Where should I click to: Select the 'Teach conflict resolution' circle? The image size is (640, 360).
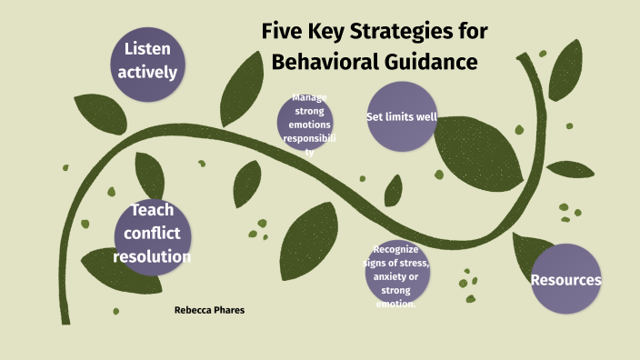coord(152,234)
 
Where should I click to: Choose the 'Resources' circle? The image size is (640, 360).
coord(565,279)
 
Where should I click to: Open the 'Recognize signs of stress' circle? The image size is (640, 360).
coord(398,272)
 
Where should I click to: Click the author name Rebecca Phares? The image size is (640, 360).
coord(209,310)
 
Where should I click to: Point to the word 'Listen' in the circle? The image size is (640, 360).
coord(147,47)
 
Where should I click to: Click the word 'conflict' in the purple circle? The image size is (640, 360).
coord(152,234)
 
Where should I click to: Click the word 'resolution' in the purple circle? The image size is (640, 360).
coord(152,256)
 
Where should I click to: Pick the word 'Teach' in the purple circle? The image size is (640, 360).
coord(152,211)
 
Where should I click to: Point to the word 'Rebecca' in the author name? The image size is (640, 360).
coord(191,310)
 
